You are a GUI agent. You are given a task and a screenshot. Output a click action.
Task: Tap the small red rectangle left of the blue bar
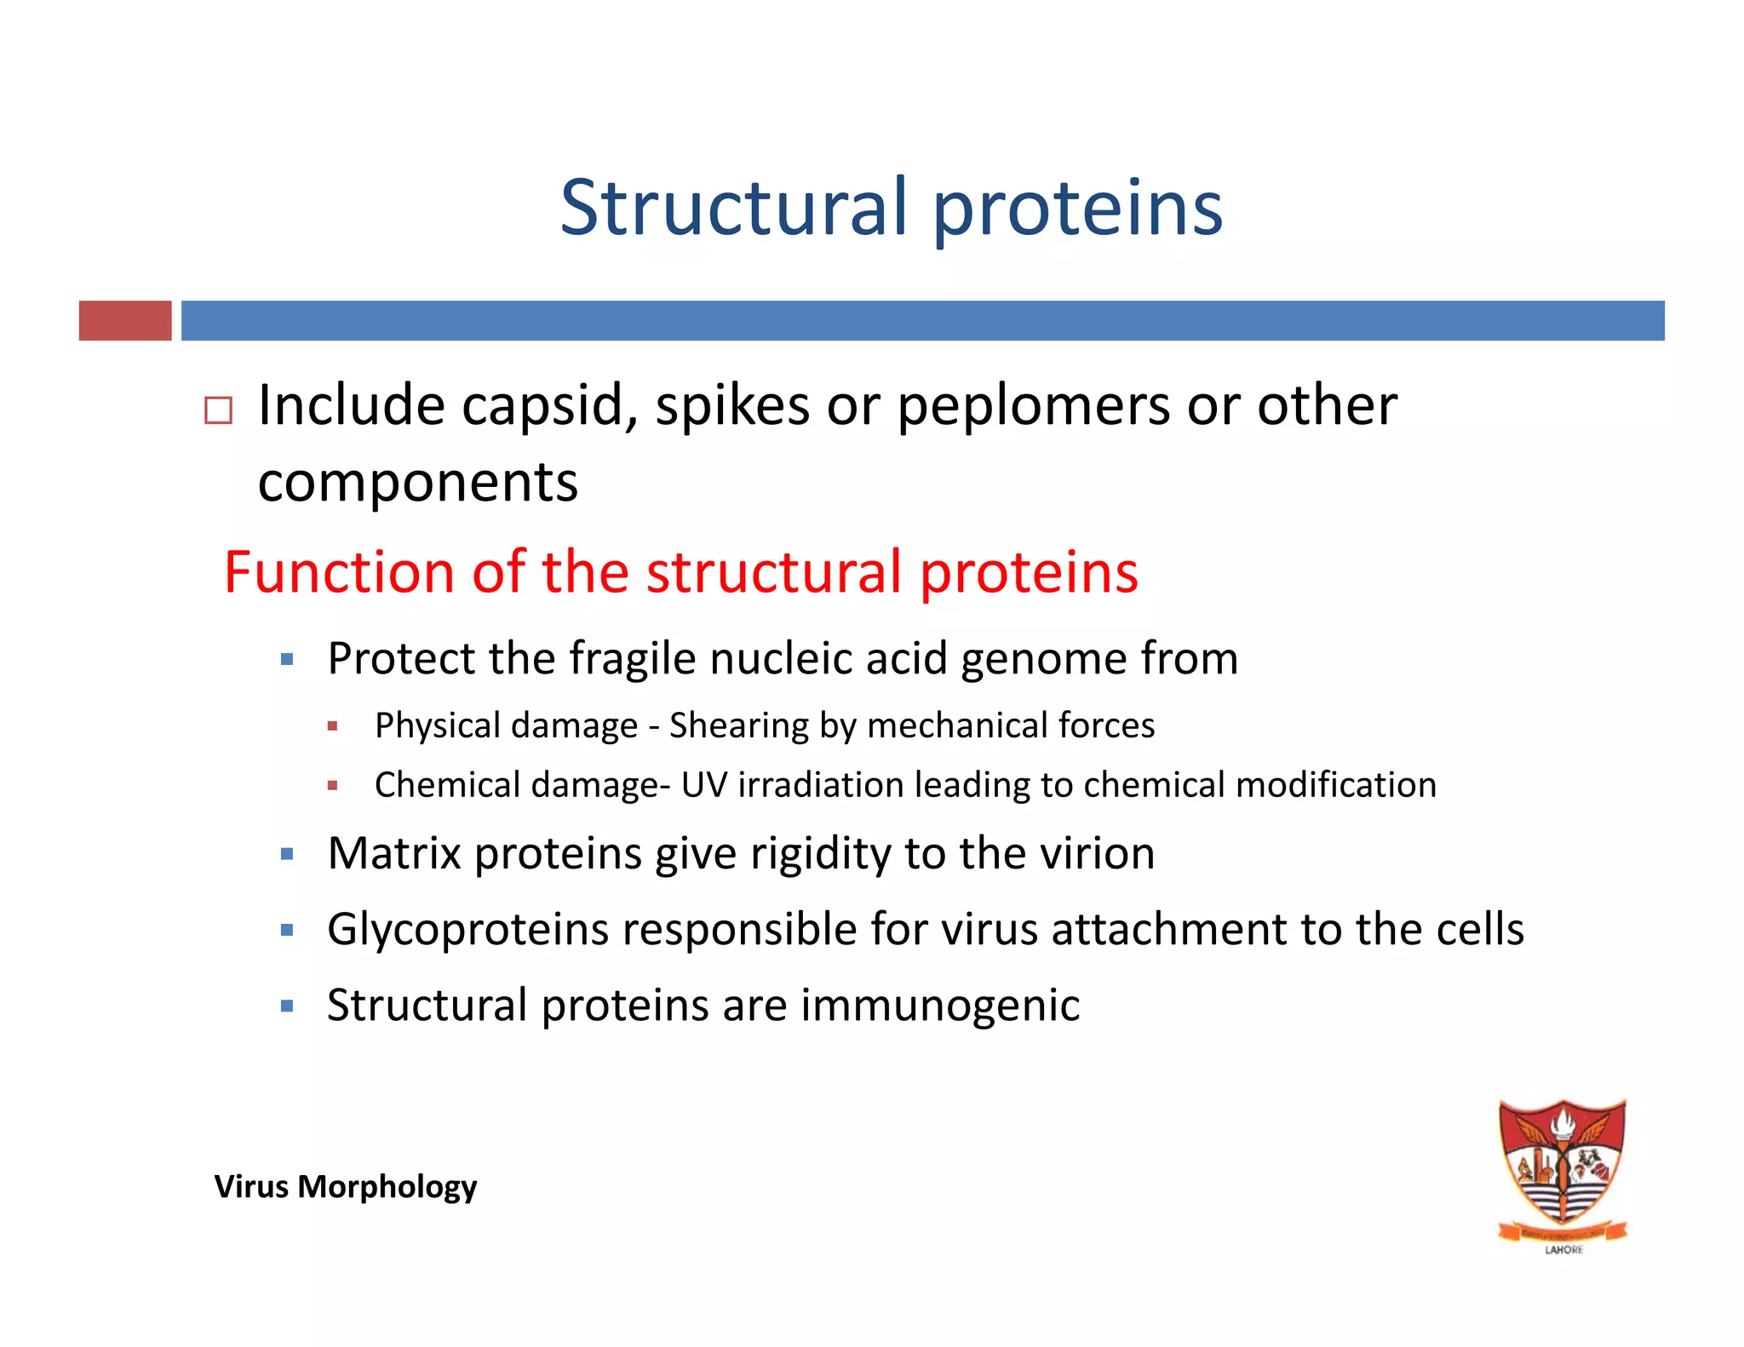coord(125,321)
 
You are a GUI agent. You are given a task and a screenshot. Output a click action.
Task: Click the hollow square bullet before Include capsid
coord(219,410)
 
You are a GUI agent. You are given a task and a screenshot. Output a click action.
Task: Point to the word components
coord(417,482)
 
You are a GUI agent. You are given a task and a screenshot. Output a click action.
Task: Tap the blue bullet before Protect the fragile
coord(287,659)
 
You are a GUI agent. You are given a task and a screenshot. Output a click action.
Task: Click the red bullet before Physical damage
coord(333,726)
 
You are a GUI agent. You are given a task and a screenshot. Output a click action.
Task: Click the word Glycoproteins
coord(468,930)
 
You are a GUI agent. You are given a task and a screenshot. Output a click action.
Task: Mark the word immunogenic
coord(939,1006)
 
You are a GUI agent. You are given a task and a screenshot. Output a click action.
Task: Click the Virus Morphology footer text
coord(345,1186)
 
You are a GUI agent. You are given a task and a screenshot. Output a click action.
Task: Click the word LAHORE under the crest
coord(1563,1250)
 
